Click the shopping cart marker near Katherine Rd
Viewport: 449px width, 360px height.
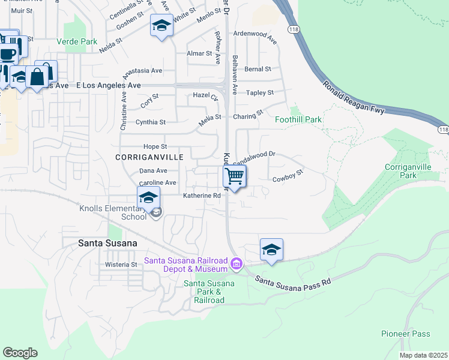click(x=235, y=176)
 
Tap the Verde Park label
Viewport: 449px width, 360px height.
click(x=77, y=41)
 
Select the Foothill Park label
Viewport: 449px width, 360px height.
click(x=298, y=119)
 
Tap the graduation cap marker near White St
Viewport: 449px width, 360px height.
click(x=161, y=26)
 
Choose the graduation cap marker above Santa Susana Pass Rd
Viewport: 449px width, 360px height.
click(x=271, y=249)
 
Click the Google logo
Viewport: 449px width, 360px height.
click(x=20, y=353)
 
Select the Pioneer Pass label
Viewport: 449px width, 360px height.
click(x=405, y=334)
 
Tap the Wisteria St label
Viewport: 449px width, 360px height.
click(x=122, y=264)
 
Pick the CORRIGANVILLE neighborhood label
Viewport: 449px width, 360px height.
click(x=149, y=157)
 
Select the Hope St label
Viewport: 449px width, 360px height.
click(x=155, y=146)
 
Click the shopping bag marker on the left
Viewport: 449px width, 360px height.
click(x=37, y=76)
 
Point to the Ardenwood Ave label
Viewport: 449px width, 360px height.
click(x=255, y=37)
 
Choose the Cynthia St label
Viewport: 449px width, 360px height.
click(x=151, y=122)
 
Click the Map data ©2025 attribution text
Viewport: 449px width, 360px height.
click(x=423, y=355)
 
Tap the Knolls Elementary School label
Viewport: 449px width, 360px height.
click(x=113, y=212)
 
